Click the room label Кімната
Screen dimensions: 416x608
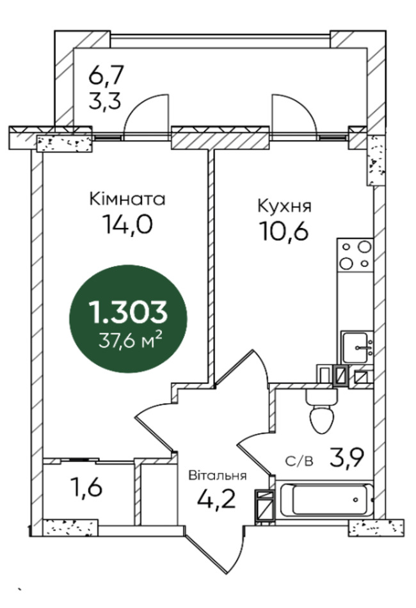[127, 199]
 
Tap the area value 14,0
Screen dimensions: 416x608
[127, 224]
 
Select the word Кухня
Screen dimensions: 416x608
[285, 206]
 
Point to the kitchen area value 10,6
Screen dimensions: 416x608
[285, 232]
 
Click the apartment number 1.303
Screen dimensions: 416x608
[128, 312]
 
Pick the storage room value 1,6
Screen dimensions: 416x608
[86, 487]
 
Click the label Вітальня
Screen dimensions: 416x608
[218, 475]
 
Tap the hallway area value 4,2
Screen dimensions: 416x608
[216, 499]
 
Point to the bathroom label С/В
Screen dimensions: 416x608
[300, 461]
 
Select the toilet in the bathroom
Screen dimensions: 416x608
[322, 412]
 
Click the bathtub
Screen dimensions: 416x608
[324, 500]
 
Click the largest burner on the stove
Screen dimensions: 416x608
[365, 246]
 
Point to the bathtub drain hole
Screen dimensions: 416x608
[355, 500]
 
